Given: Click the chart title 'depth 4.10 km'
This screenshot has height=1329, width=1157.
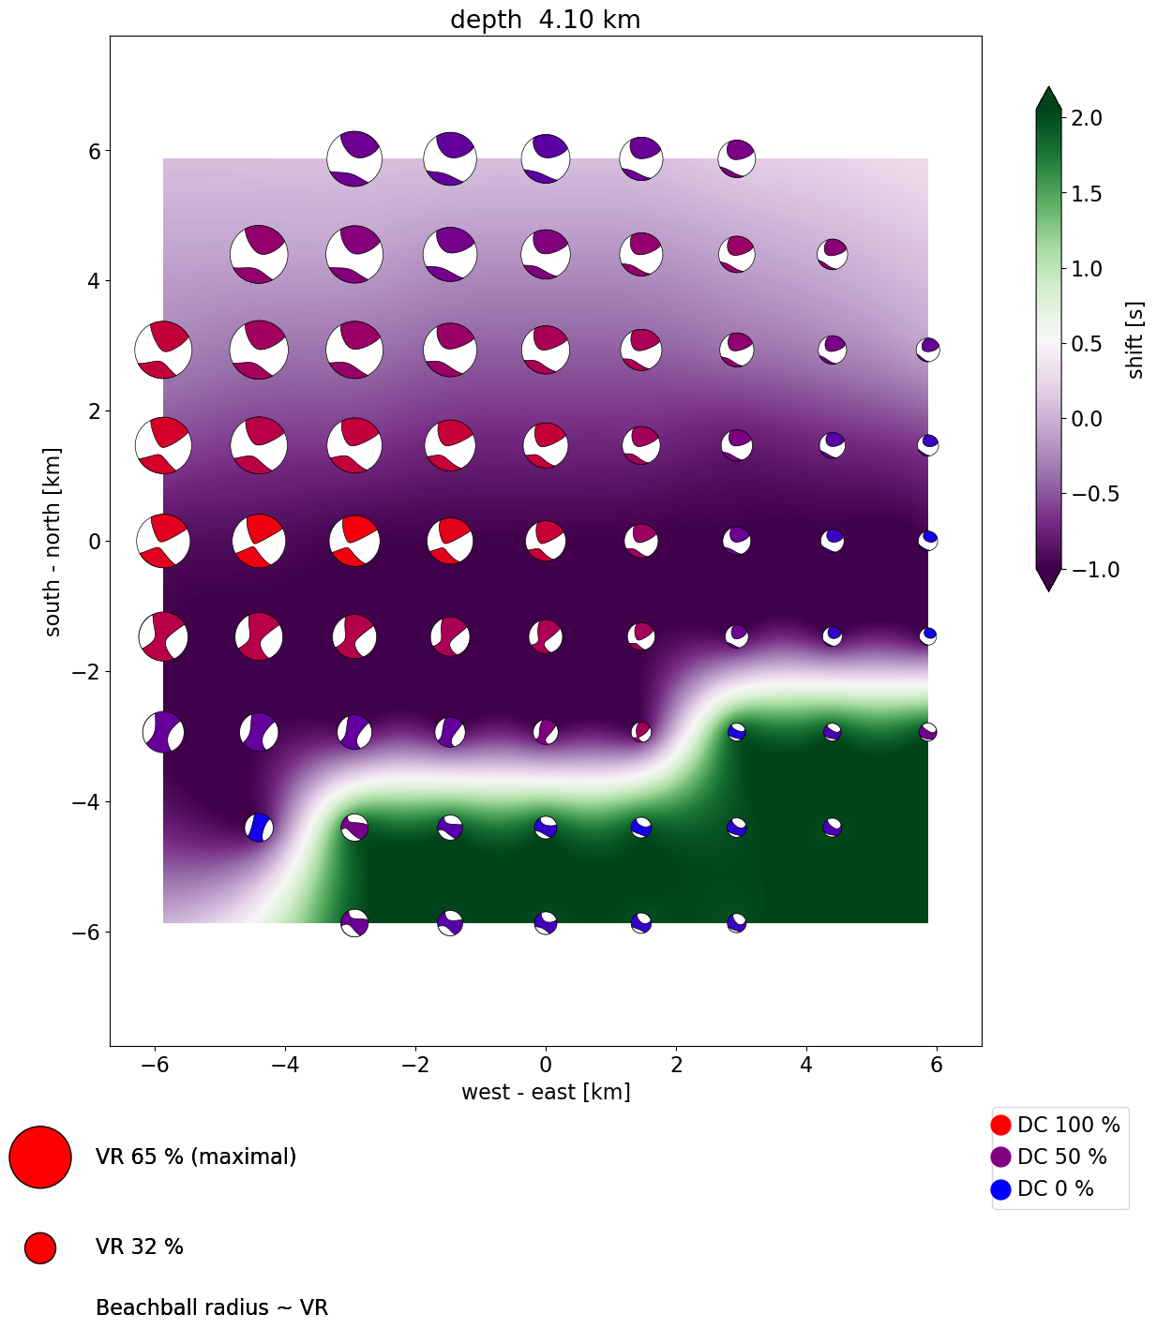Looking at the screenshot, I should [545, 20].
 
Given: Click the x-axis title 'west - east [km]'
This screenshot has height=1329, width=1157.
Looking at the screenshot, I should [545, 1092].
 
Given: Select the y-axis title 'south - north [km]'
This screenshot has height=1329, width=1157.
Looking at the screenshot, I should [53, 541].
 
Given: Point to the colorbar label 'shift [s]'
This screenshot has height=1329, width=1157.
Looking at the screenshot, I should [1135, 340].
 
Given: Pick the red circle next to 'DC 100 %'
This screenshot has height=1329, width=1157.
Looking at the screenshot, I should [1000, 1125].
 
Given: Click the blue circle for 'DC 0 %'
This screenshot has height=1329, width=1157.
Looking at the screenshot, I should [1000, 1189].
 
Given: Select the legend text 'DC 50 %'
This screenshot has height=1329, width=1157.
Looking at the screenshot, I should [1061, 1157].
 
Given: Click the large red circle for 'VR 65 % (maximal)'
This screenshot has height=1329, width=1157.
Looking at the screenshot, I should [40, 1157].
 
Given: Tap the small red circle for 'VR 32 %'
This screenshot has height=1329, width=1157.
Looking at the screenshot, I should [40, 1247].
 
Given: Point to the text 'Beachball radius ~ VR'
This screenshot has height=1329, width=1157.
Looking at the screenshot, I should [212, 1307].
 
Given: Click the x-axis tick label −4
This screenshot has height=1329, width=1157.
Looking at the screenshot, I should [285, 1065].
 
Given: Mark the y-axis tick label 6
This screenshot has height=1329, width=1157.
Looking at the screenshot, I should [94, 151].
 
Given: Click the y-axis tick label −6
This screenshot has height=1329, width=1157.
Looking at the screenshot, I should [87, 933].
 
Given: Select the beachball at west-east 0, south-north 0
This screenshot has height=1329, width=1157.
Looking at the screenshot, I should [546, 541].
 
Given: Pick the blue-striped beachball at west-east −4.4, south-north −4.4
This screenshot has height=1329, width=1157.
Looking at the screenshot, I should [259, 828].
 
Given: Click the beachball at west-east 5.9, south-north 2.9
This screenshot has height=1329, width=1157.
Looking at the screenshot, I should [928, 350].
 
